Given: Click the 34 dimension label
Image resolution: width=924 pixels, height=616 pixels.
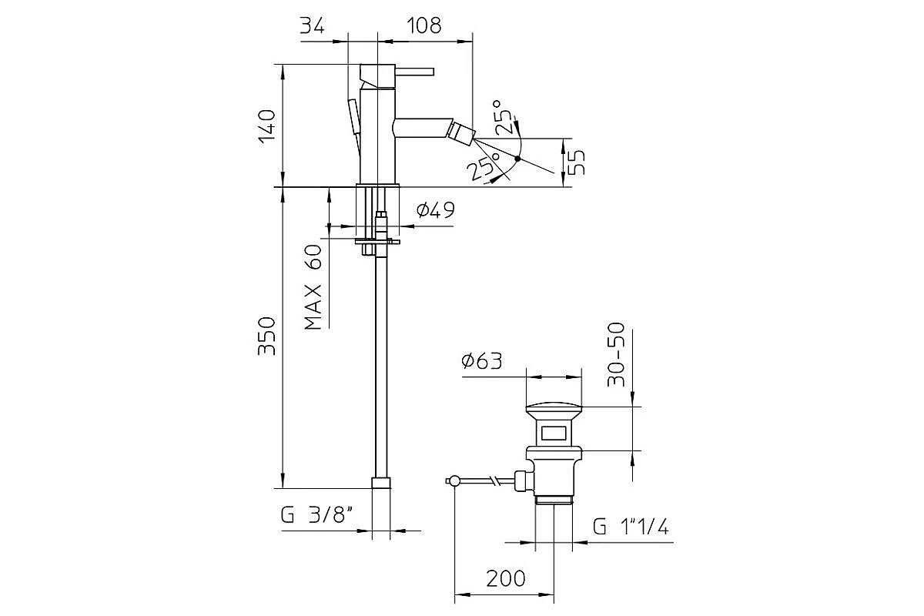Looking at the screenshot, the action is [312, 25].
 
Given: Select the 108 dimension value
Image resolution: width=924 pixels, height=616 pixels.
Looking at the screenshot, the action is [424, 25].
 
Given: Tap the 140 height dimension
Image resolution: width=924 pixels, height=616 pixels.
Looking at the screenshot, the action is [267, 126].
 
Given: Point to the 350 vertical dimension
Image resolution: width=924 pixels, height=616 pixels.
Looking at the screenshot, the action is [266, 336].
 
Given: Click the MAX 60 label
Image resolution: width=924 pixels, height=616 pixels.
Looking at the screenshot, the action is [313, 287].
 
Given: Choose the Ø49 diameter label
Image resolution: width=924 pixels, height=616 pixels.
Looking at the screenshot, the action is [436, 210].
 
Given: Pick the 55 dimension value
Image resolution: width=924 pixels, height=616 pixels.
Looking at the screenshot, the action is [576, 162].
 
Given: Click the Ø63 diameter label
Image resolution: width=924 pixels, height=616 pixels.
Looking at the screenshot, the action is [482, 361].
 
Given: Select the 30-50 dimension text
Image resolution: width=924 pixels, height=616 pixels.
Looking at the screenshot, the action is [616, 354].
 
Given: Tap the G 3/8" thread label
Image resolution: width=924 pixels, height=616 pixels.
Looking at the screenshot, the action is [316, 515].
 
